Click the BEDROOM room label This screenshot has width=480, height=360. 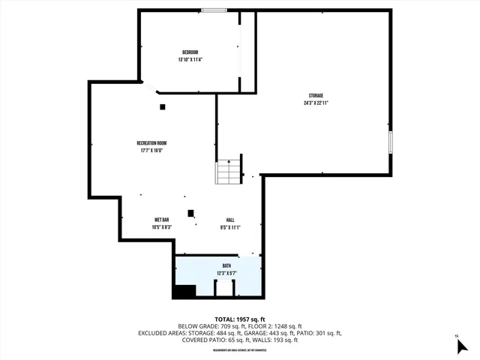click(x=190, y=52)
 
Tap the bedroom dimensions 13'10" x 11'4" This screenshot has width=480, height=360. click(x=190, y=59)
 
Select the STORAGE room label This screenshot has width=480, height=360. click(x=316, y=95)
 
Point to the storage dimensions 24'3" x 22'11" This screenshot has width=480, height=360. click(x=316, y=103)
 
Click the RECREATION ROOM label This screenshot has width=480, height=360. click(x=151, y=142)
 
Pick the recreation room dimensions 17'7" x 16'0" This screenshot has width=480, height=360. click(x=151, y=150)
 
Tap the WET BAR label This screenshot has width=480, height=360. click(x=162, y=220)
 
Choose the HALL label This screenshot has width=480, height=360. click(x=230, y=220)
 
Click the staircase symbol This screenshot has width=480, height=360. click(x=229, y=172)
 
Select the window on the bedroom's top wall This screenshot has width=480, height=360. click(x=214, y=10)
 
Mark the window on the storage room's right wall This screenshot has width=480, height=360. click(x=391, y=142)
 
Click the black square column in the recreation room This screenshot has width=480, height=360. click(x=162, y=106)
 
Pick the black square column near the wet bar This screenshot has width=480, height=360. click(x=190, y=212)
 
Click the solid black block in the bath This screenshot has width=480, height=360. click(x=184, y=292)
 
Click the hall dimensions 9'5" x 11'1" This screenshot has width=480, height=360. click(x=230, y=227)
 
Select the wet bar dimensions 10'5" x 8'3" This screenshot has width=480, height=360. click(x=162, y=227)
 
